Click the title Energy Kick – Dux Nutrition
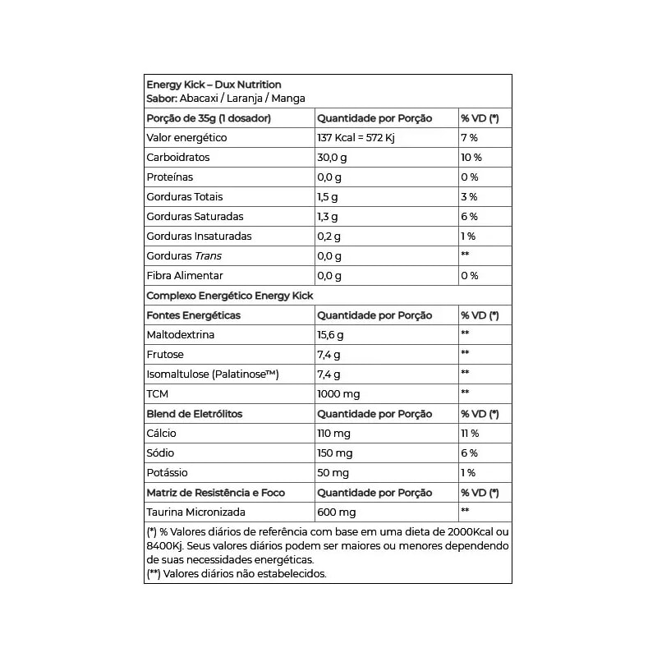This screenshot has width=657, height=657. click(x=214, y=85)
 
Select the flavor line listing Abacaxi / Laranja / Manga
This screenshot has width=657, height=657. click(x=225, y=99)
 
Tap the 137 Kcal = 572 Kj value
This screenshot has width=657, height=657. click(x=356, y=138)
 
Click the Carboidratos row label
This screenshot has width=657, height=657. click(x=178, y=158)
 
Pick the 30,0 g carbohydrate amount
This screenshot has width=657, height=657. click(x=333, y=158)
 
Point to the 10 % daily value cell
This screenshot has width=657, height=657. click(x=471, y=158)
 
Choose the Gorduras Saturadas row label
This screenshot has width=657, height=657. click(x=195, y=217)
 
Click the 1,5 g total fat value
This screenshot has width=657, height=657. click(x=328, y=197)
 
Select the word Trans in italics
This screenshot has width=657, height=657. click(x=209, y=256)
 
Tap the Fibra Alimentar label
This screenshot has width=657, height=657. click(x=185, y=276)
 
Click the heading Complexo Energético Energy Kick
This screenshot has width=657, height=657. click(x=230, y=296)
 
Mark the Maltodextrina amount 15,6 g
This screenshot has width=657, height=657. click(x=330, y=335)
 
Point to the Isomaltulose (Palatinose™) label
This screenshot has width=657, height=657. click(x=213, y=374)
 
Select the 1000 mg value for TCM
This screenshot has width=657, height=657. click(x=338, y=394)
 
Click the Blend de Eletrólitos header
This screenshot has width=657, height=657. click(x=194, y=414)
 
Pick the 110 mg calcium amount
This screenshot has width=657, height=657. click(x=334, y=434)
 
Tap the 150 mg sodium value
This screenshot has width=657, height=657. click(x=335, y=453)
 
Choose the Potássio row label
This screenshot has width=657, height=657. click(x=167, y=473)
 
